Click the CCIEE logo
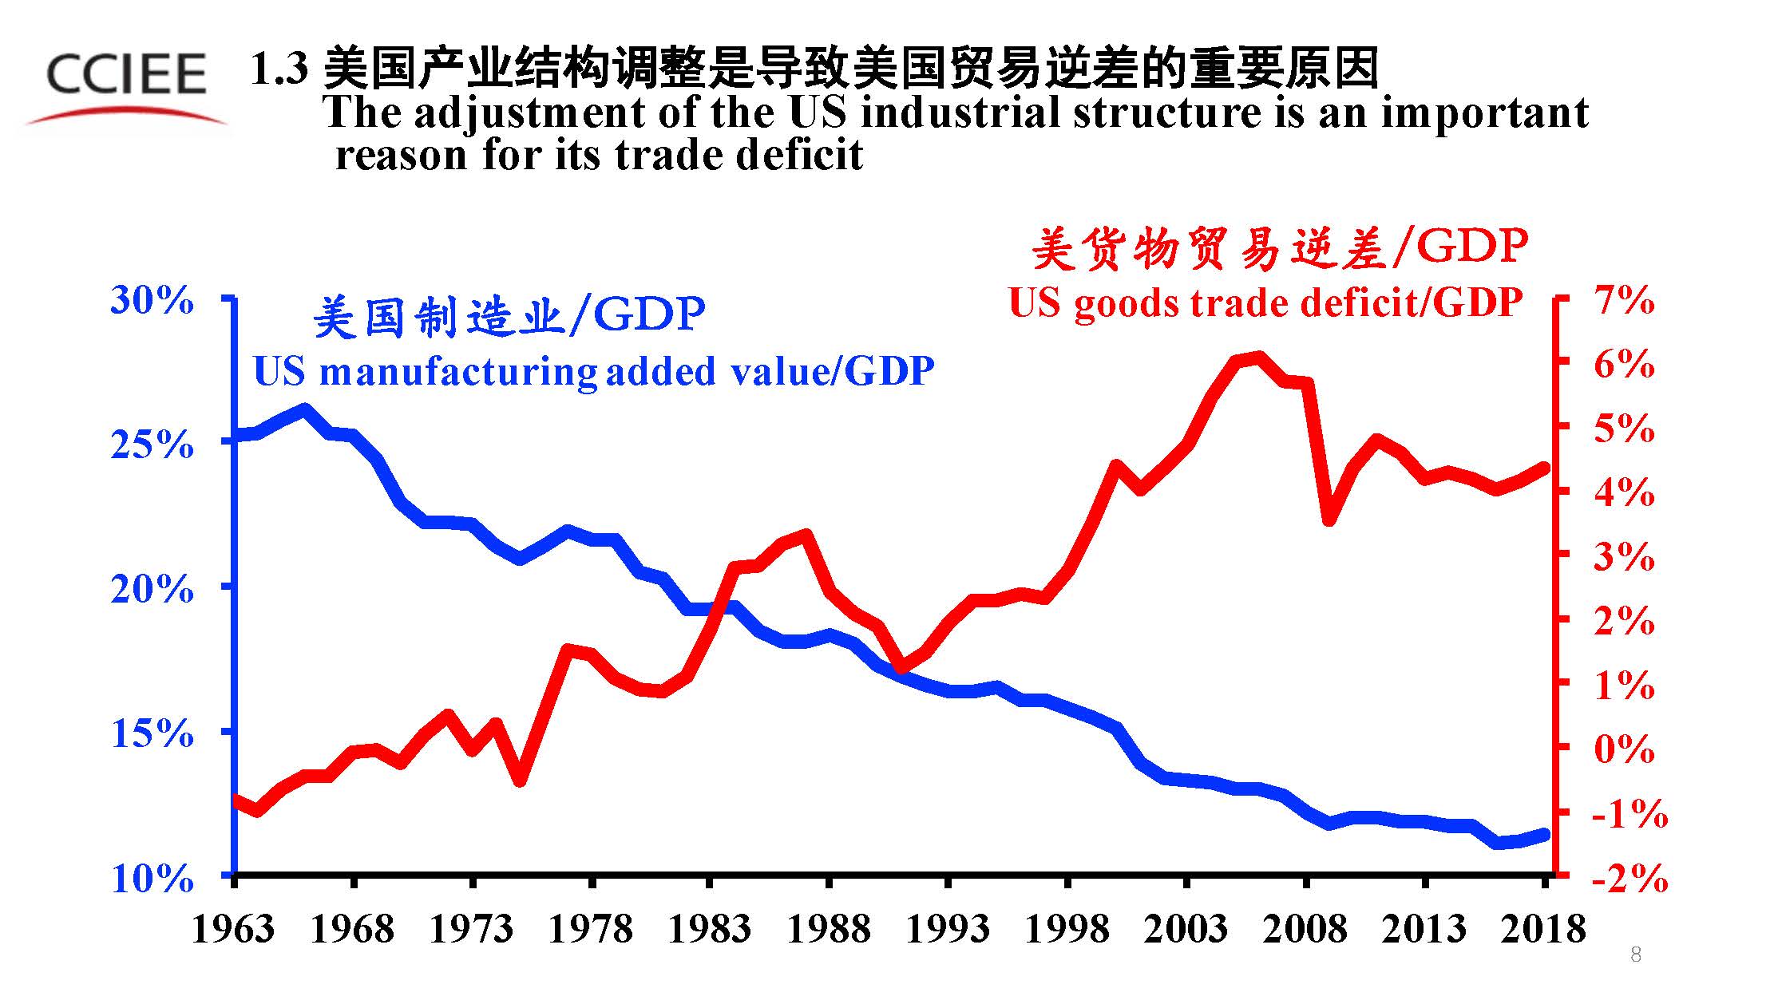(126, 84)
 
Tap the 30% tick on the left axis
(152, 301)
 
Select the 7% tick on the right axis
(1624, 301)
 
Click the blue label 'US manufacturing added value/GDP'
(593, 371)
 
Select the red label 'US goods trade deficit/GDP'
(1265, 303)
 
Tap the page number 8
(1635, 955)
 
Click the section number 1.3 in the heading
(279, 69)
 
